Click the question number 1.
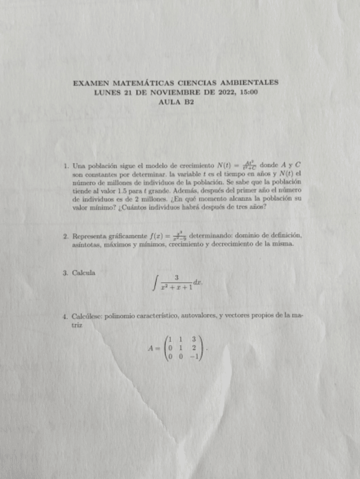point(66,166)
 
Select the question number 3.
point(66,273)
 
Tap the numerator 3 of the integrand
point(177,277)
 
